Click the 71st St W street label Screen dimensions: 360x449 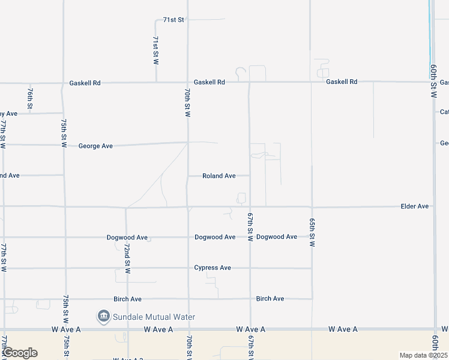[x=155, y=50]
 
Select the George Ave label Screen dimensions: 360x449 [x=95, y=146]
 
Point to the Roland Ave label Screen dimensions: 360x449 [x=218, y=176]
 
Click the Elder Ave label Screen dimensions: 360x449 [x=415, y=206]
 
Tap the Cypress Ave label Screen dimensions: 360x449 [x=212, y=268]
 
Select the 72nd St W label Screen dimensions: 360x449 [x=127, y=259]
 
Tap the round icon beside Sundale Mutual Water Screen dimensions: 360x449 [x=103, y=316]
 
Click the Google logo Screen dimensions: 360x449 [x=20, y=353]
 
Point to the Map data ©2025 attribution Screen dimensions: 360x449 [x=423, y=355]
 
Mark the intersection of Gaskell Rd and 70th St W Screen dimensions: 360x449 [x=188, y=82]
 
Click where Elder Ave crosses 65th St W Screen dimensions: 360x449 [x=312, y=207]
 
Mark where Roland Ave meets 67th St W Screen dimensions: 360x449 [x=250, y=176]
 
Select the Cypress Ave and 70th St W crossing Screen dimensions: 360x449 [x=188, y=268]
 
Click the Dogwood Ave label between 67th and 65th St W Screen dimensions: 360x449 [x=276, y=237]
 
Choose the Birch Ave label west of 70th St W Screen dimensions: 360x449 [x=127, y=299]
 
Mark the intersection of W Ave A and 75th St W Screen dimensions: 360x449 [x=64, y=329]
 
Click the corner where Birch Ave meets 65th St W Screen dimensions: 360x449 [x=312, y=298]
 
